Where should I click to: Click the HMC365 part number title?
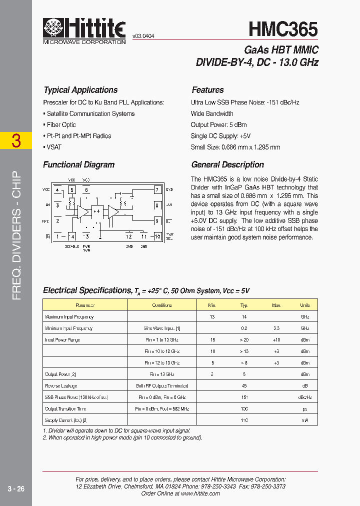[x=283, y=29]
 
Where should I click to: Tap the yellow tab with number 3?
[x=16, y=141]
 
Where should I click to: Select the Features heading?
[x=207, y=90]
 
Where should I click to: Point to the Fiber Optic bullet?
[x=60, y=124]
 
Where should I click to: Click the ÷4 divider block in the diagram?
[x=97, y=211]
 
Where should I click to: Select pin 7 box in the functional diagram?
[x=156, y=190]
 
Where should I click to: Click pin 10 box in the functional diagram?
[x=157, y=236]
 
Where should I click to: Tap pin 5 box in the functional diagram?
[x=72, y=190]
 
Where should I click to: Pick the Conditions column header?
[x=162, y=305]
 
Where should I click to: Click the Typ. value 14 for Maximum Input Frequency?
[x=244, y=317]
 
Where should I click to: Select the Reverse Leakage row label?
[x=60, y=386]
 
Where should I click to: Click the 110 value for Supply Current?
[x=244, y=420]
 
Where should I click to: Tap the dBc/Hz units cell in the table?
[x=305, y=397]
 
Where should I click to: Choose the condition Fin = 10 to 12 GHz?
[x=162, y=351]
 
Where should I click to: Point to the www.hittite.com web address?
[x=200, y=493]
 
